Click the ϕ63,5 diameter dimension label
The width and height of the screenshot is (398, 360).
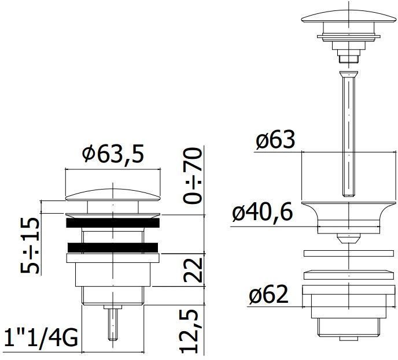[x=112, y=154]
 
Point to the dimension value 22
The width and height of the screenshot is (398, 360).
[x=193, y=270]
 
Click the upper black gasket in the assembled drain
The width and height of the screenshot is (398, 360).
[x=113, y=222]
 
